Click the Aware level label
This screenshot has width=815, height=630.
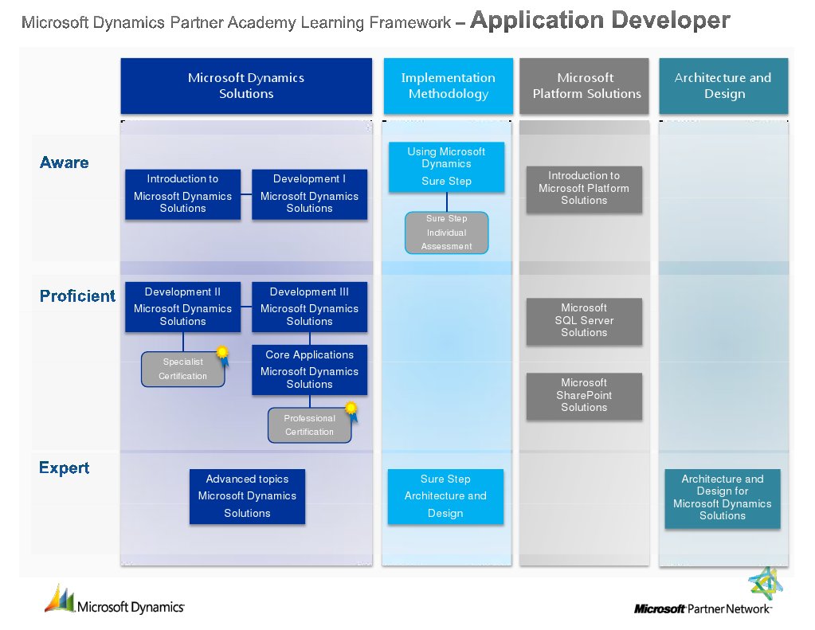coord(64,162)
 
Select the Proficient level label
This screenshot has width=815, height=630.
coord(77,295)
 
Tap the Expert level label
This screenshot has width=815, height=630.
coord(64,468)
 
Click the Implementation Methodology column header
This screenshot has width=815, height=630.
coord(448,86)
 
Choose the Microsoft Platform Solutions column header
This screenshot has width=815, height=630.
coord(584,86)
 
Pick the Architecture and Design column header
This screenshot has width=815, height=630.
coord(723,86)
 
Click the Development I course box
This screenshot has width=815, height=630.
coord(309,194)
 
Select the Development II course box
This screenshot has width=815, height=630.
coord(182,307)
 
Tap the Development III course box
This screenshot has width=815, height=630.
coord(309,307)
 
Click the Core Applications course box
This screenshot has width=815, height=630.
coord(309,370)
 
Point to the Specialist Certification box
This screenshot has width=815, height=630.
coord(182,369)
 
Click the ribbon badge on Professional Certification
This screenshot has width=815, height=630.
coord(352,411)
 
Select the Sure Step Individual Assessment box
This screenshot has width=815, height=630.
coord(446,233)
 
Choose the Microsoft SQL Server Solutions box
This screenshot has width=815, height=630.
coord(584,321)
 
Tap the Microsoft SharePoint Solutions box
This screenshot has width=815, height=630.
coord(584,396)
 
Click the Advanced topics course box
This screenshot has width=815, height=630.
coord(247,496)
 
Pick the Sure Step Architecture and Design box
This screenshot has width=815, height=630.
coord(445,496)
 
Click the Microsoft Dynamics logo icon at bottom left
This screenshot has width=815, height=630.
coord(59,599)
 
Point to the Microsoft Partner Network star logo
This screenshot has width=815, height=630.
coord(765,583)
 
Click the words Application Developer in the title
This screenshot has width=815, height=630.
coord(600,20)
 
